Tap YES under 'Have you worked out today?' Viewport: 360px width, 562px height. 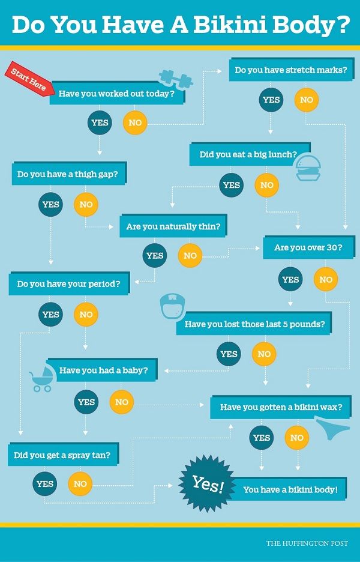tap(100, 123)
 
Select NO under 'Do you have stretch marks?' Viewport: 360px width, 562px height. tap(307, 100)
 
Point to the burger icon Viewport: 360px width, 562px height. tap(309, 168)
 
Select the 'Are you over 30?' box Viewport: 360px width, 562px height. tap(308, 247)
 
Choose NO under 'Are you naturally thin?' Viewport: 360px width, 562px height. tap(190, 256)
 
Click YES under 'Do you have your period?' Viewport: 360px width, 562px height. tap(51, 314)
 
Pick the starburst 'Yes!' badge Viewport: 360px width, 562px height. tap(207, 483)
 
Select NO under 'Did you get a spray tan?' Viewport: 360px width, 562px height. tap(80, 484)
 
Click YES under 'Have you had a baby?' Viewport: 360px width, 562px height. tap(86, 402)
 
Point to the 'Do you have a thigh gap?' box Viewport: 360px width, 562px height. tap(68, 174)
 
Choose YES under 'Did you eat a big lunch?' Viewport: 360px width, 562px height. tap(232, 185)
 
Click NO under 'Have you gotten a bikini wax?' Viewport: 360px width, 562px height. tap(297, 438)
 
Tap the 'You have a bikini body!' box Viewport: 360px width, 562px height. tap(290, 489)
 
